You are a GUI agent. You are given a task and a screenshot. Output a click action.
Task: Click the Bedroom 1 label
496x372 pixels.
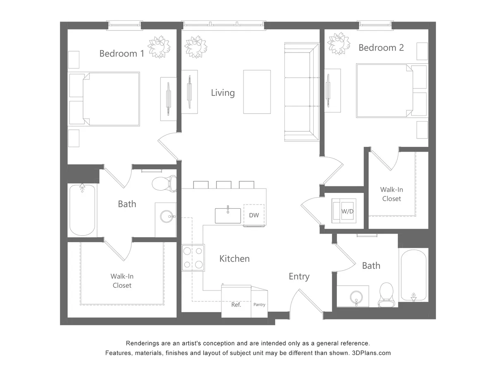(122, 53)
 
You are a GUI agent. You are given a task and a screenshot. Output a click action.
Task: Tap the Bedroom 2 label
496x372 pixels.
(381, 48)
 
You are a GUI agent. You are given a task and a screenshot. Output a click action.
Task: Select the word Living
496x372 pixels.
(223, 93)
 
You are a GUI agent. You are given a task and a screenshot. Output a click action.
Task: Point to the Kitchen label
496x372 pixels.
(234, 259)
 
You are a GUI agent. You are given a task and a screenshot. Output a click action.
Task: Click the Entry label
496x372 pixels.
(299, 277)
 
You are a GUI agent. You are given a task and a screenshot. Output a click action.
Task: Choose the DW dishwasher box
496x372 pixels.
(254, 215)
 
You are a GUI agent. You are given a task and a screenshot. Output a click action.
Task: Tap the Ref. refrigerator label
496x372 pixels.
(236, 305)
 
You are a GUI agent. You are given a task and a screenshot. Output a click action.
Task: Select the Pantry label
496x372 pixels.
(260, 305)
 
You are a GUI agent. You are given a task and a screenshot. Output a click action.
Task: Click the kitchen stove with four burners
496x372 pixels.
(193, 258)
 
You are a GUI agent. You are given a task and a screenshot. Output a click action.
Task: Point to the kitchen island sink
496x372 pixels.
(228, 215)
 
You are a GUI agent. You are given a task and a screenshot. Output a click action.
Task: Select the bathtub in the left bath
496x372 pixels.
(82, 210)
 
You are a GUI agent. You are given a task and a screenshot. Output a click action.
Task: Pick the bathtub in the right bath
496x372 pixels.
(413, 275)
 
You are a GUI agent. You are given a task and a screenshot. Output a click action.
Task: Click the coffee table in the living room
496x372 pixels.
(257, 91)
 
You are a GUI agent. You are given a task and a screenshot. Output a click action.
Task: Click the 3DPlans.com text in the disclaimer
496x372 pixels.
(371, 353)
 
